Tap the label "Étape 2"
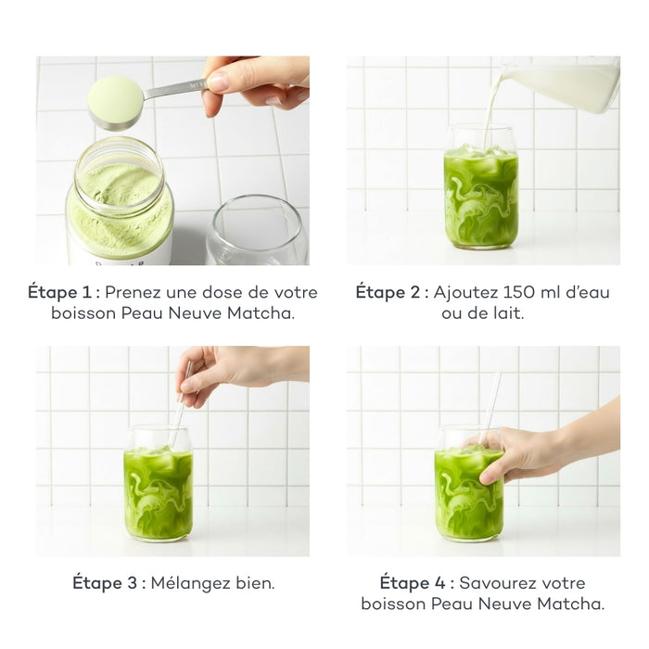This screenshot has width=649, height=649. click(x=391, y=292)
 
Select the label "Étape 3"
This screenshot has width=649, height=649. click(x=107, y=583)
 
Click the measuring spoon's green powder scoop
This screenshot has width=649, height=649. click(x=115, y=99)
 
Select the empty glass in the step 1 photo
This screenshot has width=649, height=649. click(x=256, y=232)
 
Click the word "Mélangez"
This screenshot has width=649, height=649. click(x=191, y=583)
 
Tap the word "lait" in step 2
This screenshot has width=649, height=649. click(x=507, y=314)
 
